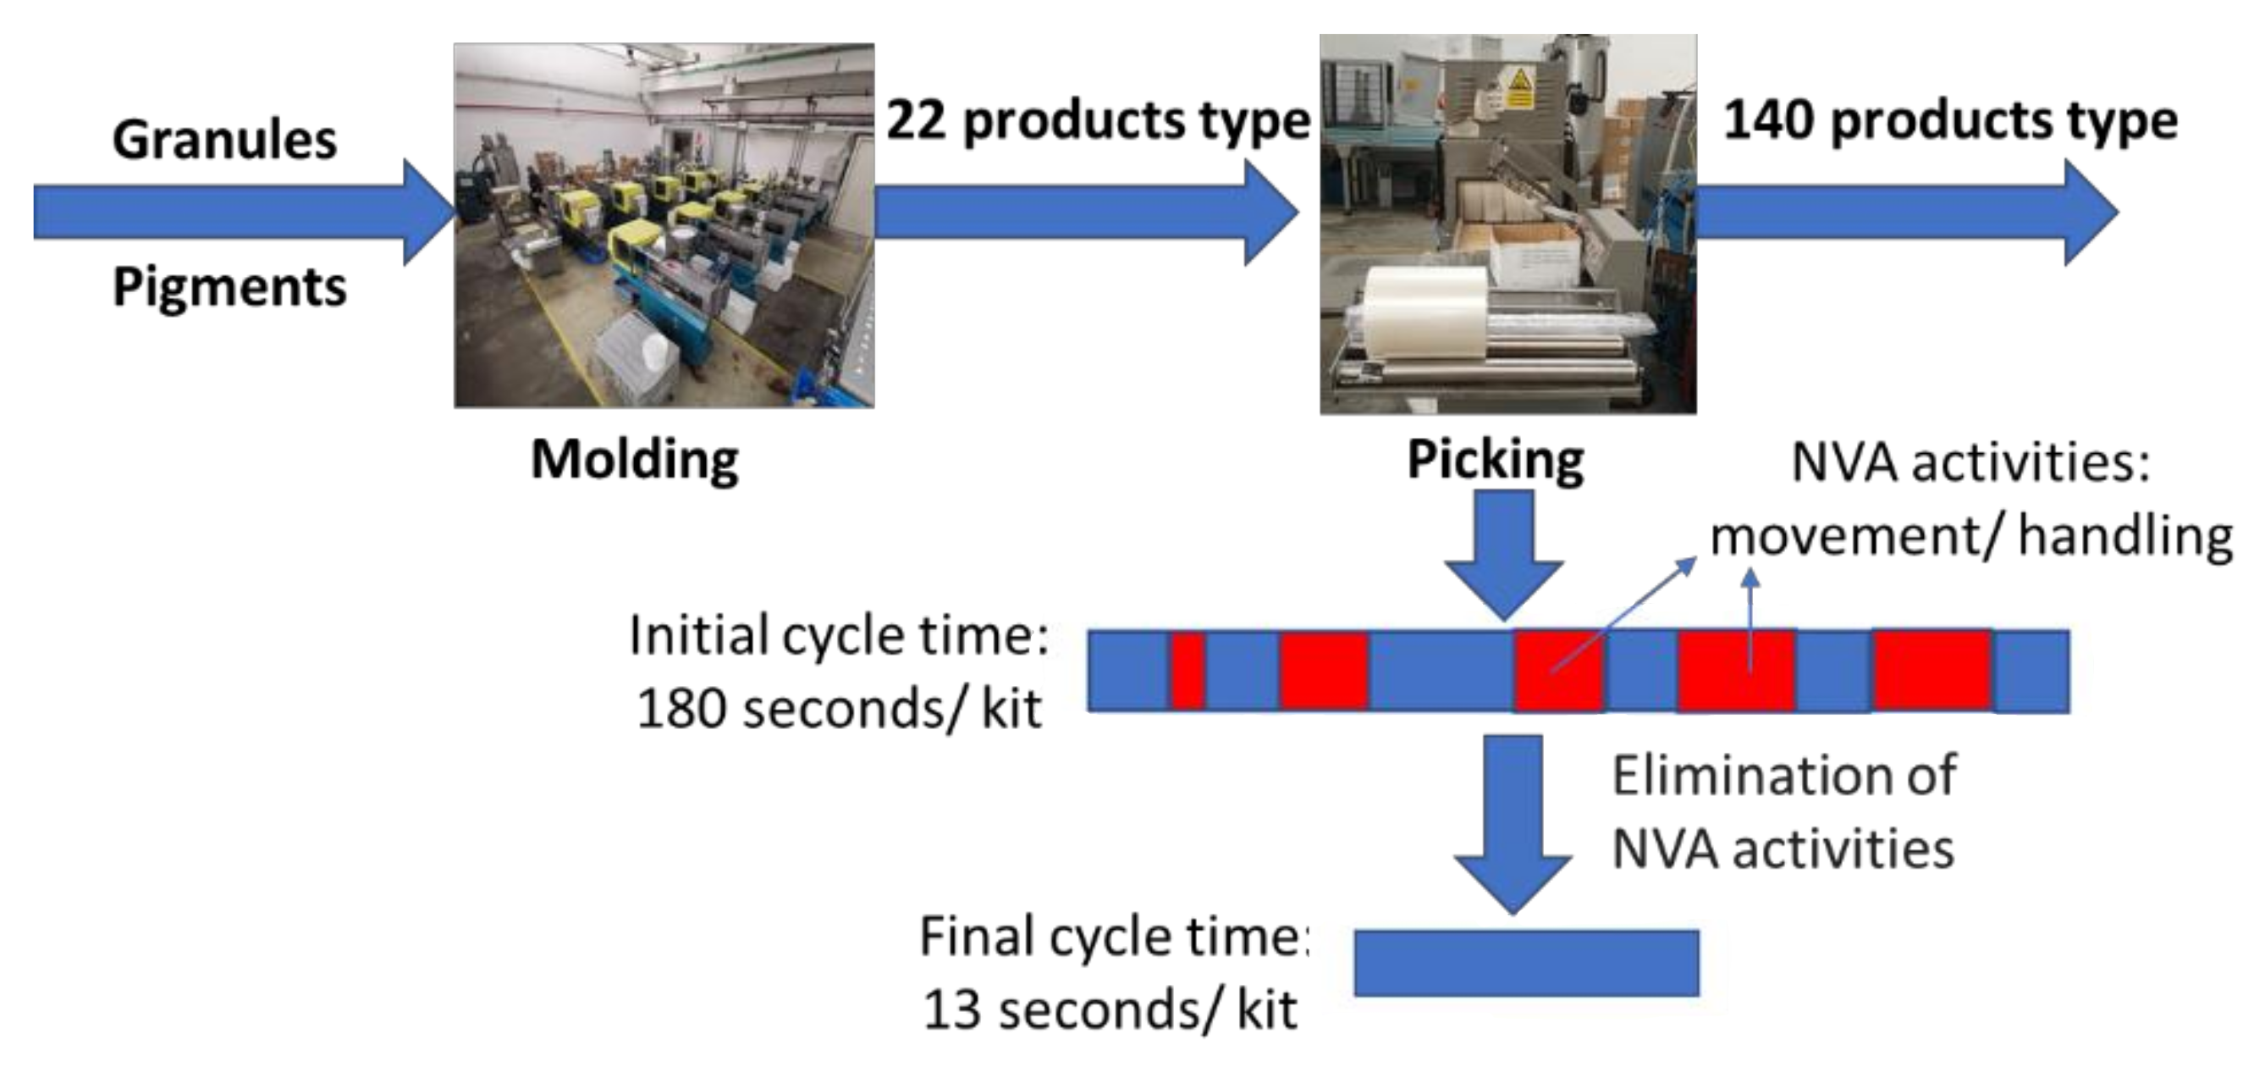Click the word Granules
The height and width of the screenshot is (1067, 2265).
tap(225, 141)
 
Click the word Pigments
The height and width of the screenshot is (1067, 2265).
tap(229, 288)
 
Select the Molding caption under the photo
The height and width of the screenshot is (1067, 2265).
tap(635, 459)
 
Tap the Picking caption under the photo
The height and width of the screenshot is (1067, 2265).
tap(1496, 459)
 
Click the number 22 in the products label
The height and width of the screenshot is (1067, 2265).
tap(915, 120)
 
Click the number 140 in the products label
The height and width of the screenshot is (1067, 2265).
tap(1767, 120)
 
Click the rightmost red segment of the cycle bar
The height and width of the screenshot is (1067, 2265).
tap(1932, 672)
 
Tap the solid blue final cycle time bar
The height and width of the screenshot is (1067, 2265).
tap(1525, 963)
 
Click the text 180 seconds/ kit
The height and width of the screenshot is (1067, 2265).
tap(838, 709)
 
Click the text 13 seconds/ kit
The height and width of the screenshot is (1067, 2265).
tap(1109, 1009)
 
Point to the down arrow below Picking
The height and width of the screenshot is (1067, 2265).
tap(1503, 554)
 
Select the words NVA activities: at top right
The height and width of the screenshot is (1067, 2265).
tap(1970, 462)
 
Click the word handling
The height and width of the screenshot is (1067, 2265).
tap(2125, 537)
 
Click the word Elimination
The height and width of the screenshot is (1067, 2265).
tap(1783, 776)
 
